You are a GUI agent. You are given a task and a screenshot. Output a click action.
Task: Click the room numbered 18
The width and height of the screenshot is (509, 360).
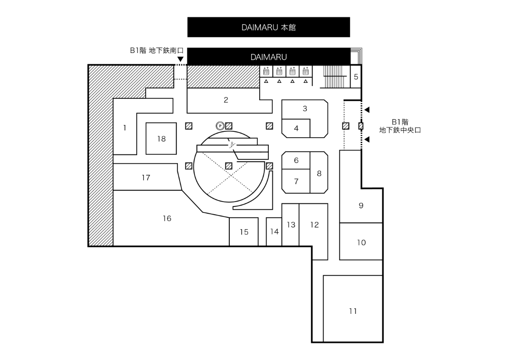162,139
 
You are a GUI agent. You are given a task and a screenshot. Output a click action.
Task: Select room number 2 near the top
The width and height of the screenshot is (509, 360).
226,100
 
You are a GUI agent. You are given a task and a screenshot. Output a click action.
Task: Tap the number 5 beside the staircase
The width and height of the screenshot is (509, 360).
356,77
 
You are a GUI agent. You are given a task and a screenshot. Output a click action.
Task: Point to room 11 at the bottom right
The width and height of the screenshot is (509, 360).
353,311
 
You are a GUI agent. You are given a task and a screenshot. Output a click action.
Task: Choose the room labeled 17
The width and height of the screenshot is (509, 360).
146,178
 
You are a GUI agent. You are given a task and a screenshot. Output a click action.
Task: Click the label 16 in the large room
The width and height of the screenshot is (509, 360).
167,218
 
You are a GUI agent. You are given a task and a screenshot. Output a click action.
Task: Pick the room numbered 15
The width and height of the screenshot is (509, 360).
244,232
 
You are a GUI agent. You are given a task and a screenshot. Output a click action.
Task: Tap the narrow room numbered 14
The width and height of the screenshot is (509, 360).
274,232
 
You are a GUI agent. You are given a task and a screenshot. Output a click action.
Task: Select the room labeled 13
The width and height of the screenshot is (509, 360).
290,225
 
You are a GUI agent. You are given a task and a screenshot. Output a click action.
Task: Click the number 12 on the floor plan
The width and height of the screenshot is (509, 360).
314,225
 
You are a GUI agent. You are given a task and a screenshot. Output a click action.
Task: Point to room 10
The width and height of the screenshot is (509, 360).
361,243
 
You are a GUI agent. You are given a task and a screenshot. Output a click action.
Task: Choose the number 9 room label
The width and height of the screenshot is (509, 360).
361,206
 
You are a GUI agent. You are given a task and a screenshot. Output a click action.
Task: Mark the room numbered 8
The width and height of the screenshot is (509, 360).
319,173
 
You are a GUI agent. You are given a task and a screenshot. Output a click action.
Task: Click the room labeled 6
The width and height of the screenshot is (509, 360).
296,160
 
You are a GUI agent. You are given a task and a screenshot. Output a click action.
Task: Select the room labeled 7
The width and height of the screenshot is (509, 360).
296,182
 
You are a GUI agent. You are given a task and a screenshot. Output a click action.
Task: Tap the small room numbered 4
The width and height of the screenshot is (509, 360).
296,129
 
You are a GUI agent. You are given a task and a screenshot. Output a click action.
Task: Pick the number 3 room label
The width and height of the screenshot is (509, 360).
305,109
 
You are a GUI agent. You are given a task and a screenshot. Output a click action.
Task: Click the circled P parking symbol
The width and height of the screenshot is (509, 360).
220,125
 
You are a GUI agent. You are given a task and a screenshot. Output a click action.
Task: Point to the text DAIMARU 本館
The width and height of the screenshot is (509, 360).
269,28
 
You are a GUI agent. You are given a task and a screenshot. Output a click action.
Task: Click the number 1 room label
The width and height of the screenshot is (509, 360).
125,128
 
